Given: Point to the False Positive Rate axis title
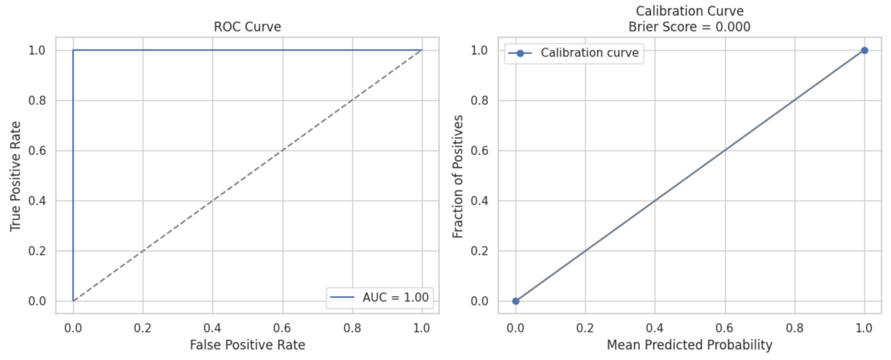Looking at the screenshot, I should click(247, 345).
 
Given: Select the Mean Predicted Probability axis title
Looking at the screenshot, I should click(689, 345).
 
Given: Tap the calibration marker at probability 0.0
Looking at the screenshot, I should click(515, 301).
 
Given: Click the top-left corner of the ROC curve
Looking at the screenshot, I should click(73, 50).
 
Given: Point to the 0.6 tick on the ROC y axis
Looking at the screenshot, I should click(37, 151).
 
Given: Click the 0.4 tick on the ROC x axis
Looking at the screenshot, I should click(212, 328).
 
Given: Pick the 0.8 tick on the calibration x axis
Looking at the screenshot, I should click(795, 328).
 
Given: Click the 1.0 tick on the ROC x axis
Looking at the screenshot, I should click(422, 328).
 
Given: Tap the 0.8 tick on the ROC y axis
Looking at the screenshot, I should click(37, 101).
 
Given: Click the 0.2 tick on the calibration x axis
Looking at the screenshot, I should click(585, 328).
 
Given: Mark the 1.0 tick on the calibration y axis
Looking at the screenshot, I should click(479, 50).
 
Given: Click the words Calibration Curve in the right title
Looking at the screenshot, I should click(689, 11).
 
